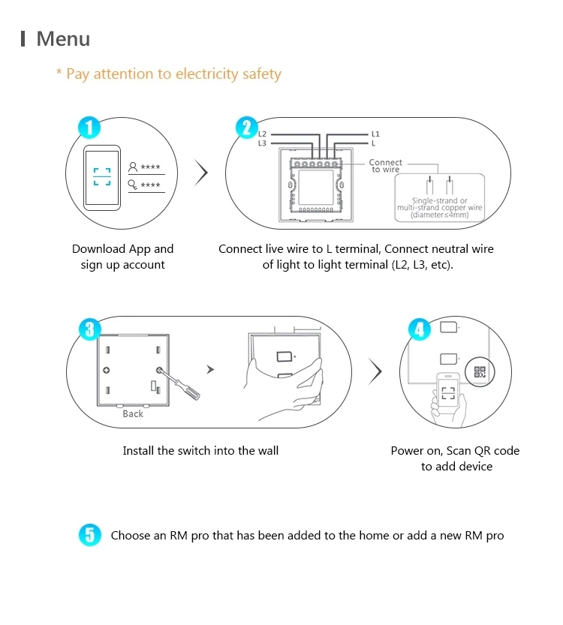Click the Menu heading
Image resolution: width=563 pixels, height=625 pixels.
click(63, 39)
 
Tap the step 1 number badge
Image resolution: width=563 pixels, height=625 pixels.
click(89, 127)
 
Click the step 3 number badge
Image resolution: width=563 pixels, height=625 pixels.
click(89, 329)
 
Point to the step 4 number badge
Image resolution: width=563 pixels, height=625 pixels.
click(418, 329)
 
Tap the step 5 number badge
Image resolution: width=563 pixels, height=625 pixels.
click(89, 535)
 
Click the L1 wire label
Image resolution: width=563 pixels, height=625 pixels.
click(375, 134)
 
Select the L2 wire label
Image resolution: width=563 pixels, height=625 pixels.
click(262, 134)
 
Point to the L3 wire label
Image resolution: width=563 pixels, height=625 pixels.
click(262, 143)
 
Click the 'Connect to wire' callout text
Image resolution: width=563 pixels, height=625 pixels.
click(386, 166)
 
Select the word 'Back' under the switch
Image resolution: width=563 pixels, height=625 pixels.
click(133, 413)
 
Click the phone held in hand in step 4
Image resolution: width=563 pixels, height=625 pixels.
click(449, 391)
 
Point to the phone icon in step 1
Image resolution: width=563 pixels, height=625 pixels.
click(102, 176)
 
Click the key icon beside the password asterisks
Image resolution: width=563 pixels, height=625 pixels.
click(133, 184)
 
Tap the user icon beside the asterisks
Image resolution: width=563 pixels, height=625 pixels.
click(133, 167)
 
